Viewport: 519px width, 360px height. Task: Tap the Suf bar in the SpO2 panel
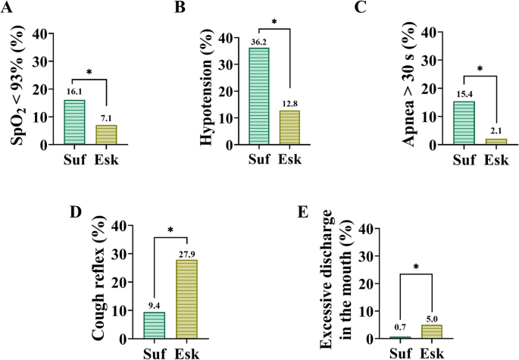[73, 122]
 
